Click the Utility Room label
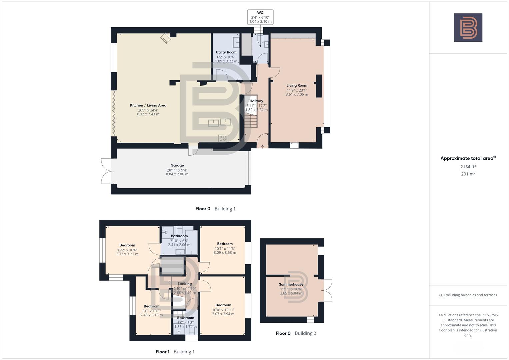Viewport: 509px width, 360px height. tap(226, 52)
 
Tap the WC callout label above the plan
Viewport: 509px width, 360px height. tap(260, 13)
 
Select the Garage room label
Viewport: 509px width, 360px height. tap(177, 165)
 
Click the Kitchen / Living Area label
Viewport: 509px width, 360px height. tap(148, 105)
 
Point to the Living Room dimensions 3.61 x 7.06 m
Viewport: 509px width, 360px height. tap(297, 94)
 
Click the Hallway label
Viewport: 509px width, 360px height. tap(256, 101)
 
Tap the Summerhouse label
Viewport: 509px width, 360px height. tap(291, 285)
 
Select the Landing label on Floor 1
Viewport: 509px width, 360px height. tap(185, 284)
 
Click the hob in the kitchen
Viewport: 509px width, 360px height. tap(223, 138)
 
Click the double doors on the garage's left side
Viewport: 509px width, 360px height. tap(106, 171)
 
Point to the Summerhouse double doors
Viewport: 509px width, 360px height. tap(327, 290)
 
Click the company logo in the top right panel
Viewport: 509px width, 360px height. tap(468, 28)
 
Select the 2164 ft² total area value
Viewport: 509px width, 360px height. tap(468, 167)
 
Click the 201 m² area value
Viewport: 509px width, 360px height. tap(468, 174)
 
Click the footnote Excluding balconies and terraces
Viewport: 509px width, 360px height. tap(468, 295)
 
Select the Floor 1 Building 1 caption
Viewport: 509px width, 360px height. tap(175, 352)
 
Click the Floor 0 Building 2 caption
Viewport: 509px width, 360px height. tap(296, 333)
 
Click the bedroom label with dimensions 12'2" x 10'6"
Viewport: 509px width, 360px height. tap(127, 245)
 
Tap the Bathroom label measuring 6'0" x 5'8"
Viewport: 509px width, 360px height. tap(185, 318)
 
